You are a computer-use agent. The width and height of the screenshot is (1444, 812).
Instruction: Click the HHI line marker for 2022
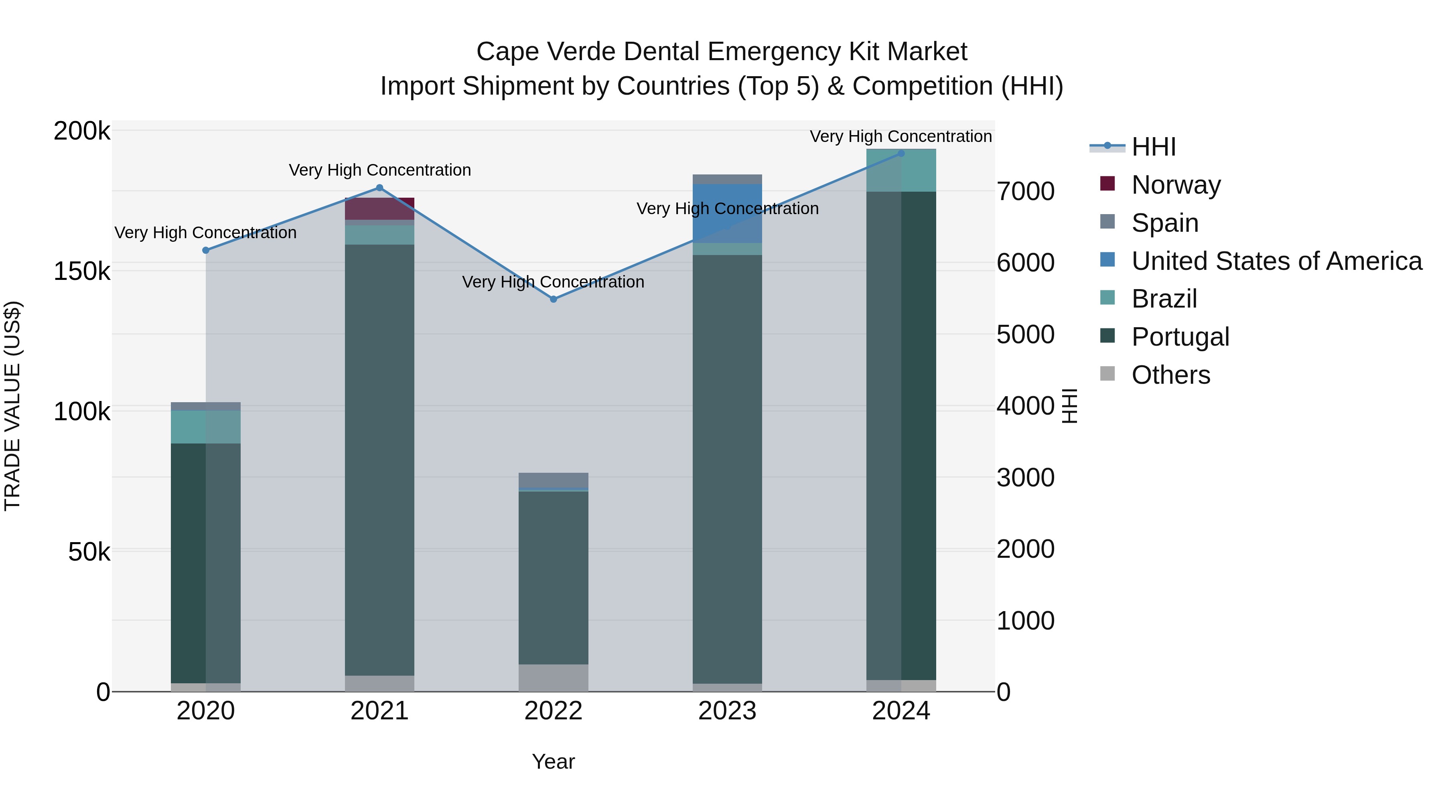553,299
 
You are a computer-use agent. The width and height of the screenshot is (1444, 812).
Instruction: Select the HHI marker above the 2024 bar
901,153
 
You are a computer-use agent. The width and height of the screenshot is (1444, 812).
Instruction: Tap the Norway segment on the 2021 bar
379,209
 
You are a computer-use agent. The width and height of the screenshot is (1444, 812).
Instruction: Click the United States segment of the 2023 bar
727,213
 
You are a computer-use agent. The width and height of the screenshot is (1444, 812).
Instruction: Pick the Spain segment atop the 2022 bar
553,480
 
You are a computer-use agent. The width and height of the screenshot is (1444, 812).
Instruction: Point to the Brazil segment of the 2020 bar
206,427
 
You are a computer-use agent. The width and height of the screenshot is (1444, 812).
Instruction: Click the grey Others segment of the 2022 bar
553,678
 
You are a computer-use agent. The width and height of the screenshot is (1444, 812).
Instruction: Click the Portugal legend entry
1180,337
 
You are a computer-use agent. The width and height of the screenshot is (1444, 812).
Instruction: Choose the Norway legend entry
1176,185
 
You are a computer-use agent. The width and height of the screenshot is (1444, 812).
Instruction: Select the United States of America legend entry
1276,261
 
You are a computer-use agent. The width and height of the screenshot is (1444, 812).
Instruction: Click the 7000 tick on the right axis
1025,191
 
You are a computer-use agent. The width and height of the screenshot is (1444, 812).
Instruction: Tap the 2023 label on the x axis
727,711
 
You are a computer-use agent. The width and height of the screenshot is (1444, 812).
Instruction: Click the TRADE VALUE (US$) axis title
12,406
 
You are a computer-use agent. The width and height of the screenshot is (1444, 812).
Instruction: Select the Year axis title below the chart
553,761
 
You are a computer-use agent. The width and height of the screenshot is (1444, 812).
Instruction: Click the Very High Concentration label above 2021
379,170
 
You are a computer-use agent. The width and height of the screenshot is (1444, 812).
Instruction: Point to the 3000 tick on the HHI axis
1025,478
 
